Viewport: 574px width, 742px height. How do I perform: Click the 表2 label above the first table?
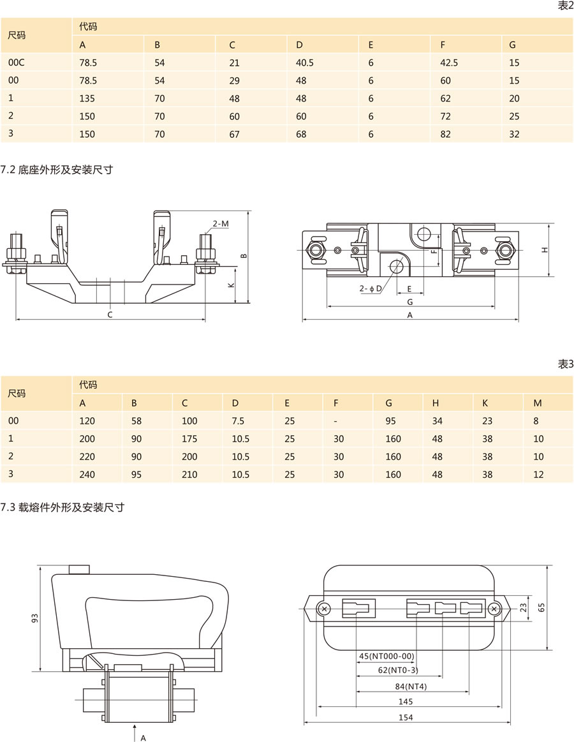click(566, 6)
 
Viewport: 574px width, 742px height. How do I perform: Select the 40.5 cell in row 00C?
click(305, 63)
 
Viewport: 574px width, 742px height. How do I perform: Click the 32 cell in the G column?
click(515, 134)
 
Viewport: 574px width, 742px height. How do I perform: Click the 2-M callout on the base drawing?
click(221, 224)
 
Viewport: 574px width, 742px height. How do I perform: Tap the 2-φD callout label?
click(370, 289)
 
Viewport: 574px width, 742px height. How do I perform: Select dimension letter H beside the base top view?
click(545, 249)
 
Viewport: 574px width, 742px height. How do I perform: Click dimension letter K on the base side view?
click(231, 285)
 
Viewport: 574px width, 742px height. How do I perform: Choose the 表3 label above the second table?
click(566, 364)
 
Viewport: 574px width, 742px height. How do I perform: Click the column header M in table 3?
click(537, 403)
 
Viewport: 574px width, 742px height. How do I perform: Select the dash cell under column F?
click(335, 421)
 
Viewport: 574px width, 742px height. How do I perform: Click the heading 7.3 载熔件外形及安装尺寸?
click(62, 508)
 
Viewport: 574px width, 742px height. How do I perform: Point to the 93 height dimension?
click(36, 618)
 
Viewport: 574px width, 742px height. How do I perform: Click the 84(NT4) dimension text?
click(410, 686)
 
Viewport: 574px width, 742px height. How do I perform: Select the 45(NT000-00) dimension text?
click(387, 656)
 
